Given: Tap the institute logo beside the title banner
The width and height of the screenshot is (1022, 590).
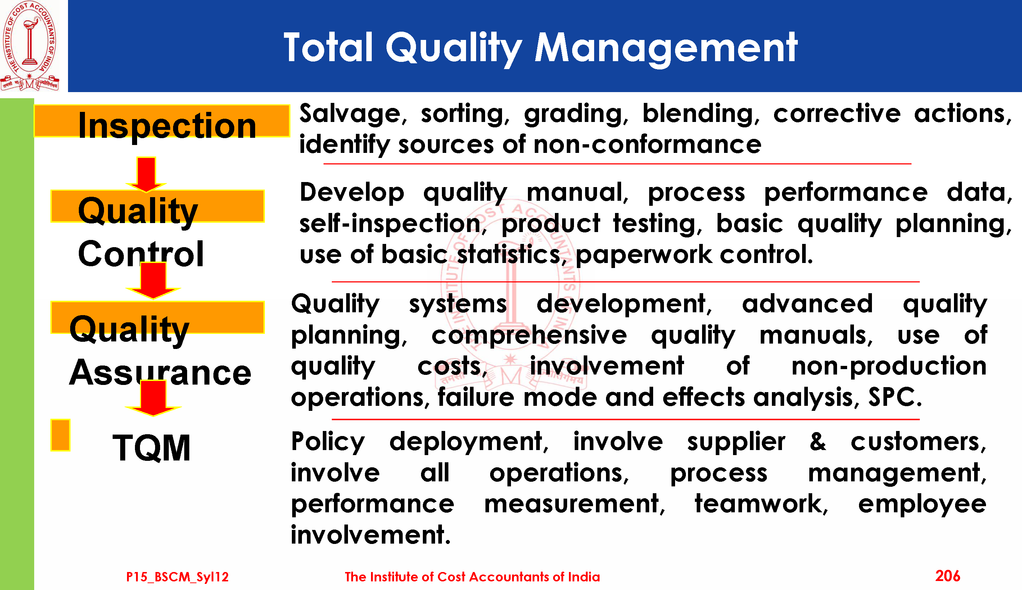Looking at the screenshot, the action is click(30, 45).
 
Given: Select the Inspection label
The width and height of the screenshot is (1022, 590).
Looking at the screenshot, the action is click(167, 126).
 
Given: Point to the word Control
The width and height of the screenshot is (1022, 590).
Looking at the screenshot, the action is click(141, 254).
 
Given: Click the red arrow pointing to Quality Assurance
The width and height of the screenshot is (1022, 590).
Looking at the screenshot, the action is click(153, 280).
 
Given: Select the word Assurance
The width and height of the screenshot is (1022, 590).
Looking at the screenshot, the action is click(160, 372).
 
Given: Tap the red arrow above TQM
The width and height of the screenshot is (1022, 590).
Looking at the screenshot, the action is click(153, 398).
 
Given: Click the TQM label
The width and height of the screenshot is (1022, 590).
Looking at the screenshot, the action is click(151, 448).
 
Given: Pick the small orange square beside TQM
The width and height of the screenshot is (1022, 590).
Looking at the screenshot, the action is click(60, 435).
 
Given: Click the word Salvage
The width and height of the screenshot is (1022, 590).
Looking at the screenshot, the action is click(351, 114).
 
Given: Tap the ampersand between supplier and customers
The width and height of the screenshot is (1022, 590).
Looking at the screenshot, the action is click(818, 442).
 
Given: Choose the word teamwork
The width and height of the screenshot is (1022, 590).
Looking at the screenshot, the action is click(761, 504).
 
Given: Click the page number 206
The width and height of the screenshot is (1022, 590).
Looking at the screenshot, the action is click(948, 576).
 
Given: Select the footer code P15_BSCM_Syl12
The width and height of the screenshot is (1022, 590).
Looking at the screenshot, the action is click(177, 577).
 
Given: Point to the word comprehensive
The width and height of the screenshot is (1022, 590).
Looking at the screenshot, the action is click(529, 336).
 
